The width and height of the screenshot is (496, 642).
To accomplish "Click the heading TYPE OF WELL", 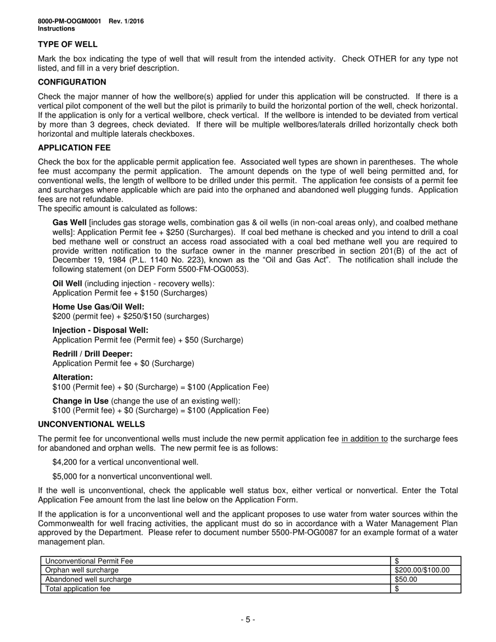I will pos(67,44).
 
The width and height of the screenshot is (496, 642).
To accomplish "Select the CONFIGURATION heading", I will pos(72,82).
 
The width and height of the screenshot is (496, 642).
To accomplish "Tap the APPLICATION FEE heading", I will pos(74,148).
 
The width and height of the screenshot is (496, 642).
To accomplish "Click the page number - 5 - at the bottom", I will pos(248,620).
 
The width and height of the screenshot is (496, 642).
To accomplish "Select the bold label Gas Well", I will pos(69,222).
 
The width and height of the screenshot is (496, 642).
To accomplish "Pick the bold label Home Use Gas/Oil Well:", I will pos(98,307).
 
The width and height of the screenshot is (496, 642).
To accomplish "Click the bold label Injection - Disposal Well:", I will pos(100,330).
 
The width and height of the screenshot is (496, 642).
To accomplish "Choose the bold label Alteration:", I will pos(73,377).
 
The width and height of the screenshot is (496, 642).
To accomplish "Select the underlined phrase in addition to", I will pos(364,439).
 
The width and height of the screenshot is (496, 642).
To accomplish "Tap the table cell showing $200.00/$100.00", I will pos(422,570).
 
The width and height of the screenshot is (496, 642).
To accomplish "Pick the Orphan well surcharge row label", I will pos(82,570).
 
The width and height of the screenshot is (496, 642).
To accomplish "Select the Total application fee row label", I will pos(78,589).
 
